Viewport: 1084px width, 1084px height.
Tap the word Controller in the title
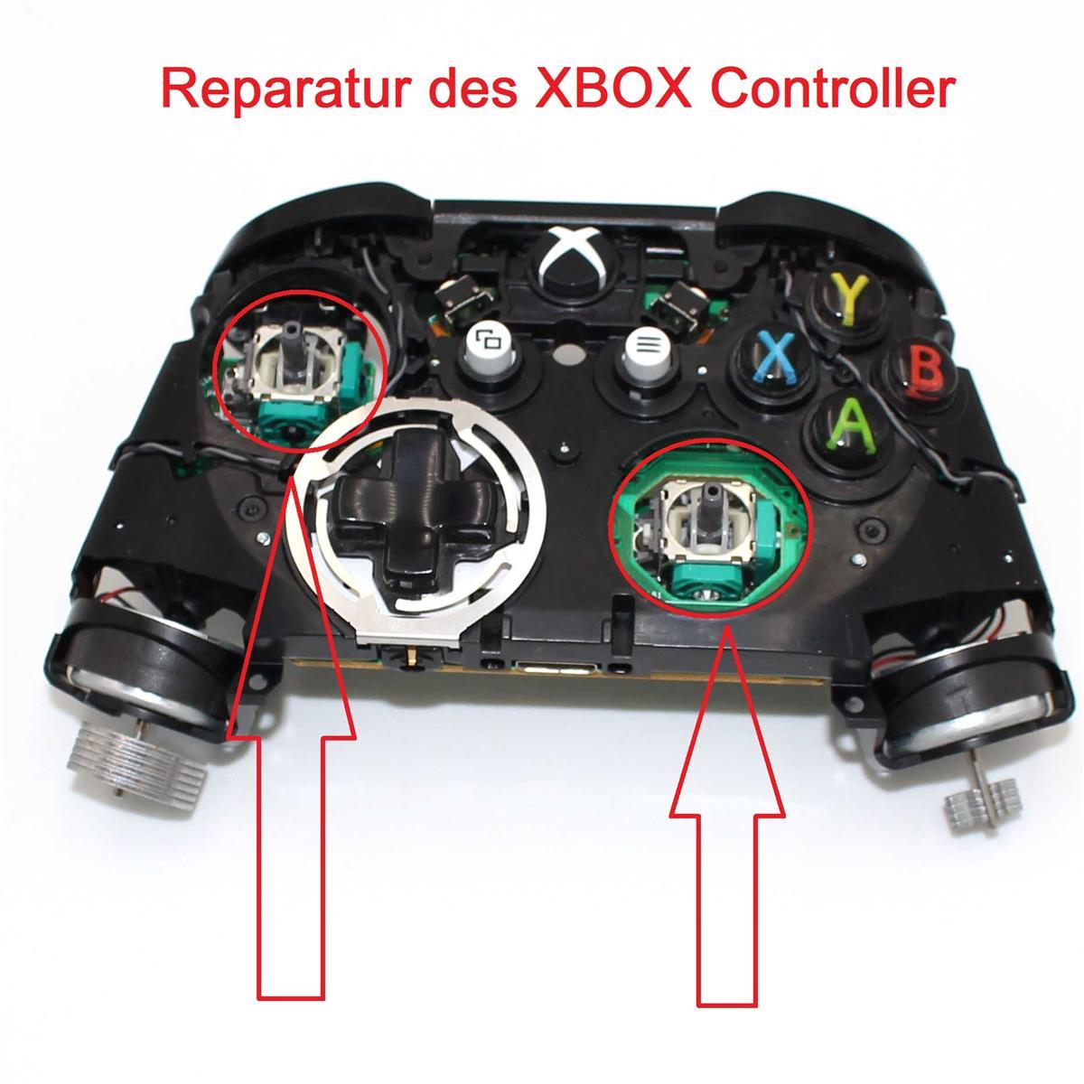(x=833, y=88)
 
